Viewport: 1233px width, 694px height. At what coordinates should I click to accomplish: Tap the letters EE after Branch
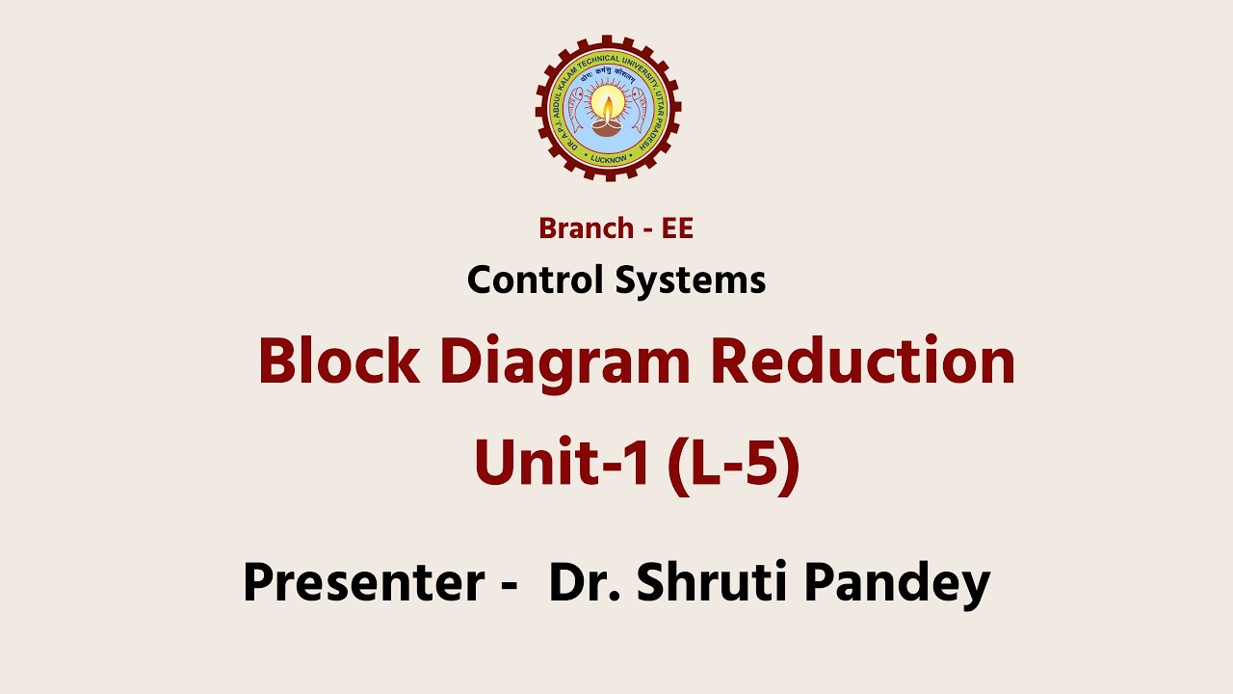[677, 228]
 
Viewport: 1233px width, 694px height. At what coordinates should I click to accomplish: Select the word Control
[536, 280]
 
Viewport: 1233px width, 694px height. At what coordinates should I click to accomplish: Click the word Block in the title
[338, 362]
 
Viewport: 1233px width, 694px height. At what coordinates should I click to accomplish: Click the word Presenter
[363, 582]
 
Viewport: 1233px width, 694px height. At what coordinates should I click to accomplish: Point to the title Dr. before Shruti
[578, 582]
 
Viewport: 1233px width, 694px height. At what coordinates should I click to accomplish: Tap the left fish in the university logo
[577, 108]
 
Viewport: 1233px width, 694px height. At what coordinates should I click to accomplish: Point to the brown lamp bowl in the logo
[608, 125]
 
